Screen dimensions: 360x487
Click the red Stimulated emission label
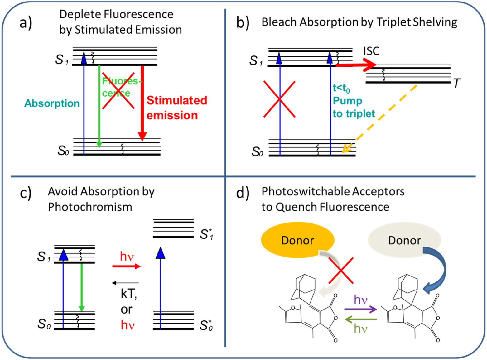point(176,108)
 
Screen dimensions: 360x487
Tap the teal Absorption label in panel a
point(52,103)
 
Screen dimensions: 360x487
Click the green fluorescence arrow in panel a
point(99,106)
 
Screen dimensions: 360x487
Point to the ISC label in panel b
point(371,51)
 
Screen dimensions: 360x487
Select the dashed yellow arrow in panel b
point(380,118)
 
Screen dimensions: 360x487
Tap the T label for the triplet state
point(456,83)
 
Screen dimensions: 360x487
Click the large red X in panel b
point(279,99)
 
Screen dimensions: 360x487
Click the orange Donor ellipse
point(297,240)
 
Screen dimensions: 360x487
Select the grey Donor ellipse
point(404,240)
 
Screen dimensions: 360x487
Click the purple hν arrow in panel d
point(360,309)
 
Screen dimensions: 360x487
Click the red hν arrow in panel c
point(127,266)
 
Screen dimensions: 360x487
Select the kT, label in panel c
point(128,294)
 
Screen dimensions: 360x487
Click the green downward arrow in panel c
point(82,287)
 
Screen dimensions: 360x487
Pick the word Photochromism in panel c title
point(90,207)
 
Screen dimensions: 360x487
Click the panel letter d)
point(243,193)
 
